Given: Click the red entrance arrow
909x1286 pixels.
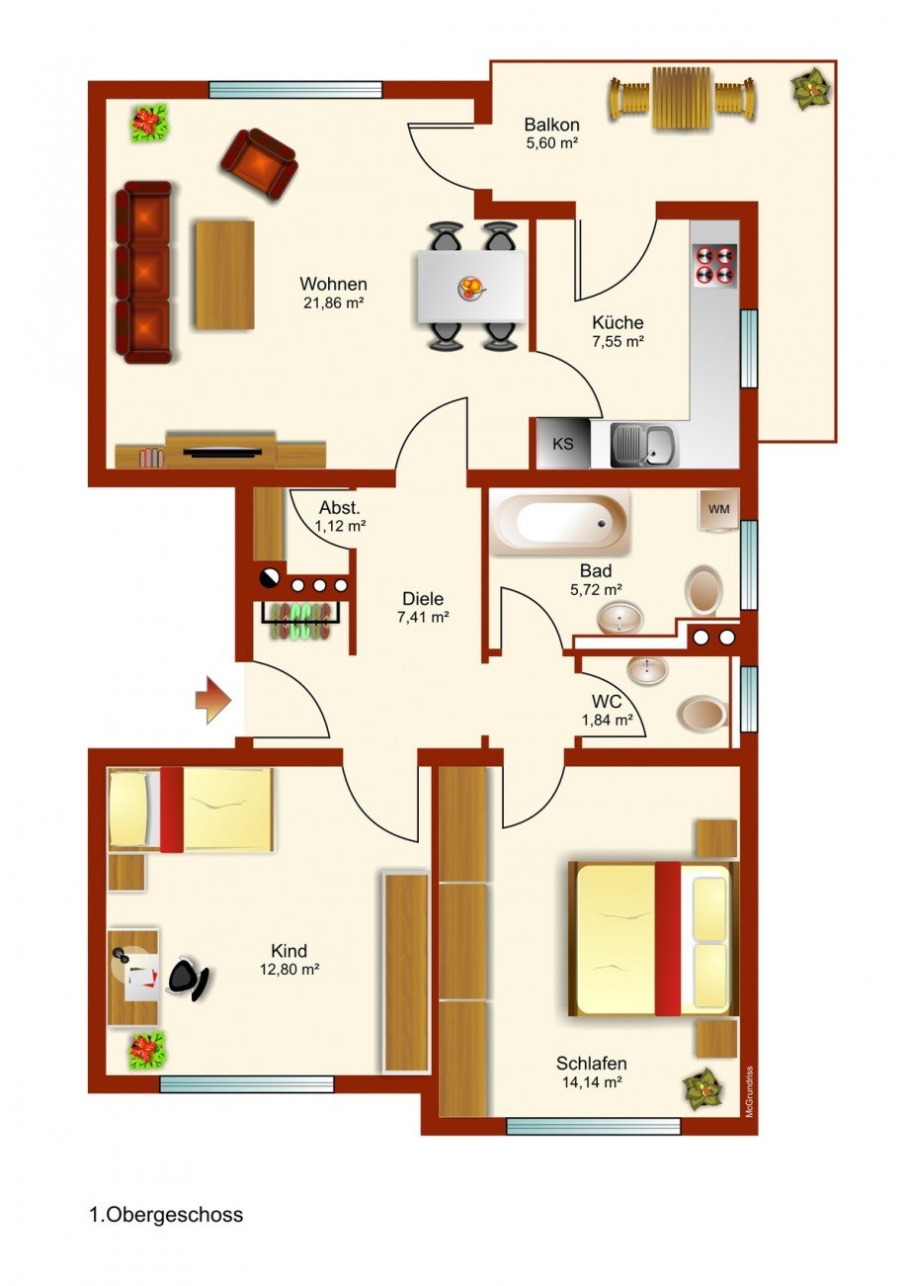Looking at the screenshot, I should click(213, 701).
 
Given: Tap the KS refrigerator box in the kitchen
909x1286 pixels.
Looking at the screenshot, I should click(562, 444).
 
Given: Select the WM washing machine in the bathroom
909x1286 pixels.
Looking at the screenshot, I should click(719, 509).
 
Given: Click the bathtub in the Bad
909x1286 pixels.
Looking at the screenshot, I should click(560, 522).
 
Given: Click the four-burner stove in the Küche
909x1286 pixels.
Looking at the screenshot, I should click(714, 264).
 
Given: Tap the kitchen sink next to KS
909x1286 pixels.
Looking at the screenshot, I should click(643, 444).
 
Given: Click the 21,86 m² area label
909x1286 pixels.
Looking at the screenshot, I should click(334, 303).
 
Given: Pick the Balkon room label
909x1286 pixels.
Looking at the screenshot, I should click(551, 126).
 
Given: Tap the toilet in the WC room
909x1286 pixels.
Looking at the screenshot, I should click(702, 711).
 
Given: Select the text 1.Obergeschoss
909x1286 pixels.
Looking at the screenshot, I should click(166, 1215).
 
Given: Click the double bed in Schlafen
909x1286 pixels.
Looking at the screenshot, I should click(651, 938).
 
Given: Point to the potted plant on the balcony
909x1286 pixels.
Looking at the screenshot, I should click(811, 90).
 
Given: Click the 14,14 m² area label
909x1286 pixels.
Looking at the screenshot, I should click(591, 1082).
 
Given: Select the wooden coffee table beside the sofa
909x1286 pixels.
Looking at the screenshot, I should click(225, 275).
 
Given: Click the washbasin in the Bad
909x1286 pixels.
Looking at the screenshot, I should click(620, 619).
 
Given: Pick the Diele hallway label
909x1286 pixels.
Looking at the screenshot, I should click(423, 598).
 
